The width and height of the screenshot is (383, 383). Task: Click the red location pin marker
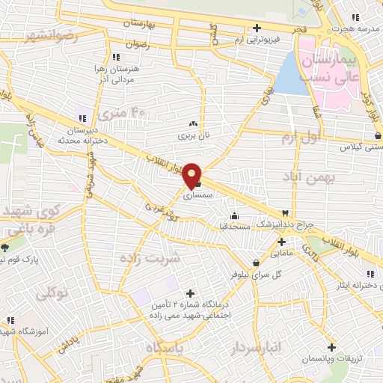(193, 174)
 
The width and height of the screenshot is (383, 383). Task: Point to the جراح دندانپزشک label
(280, 224)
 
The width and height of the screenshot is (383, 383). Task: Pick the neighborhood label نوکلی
(52, 292)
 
